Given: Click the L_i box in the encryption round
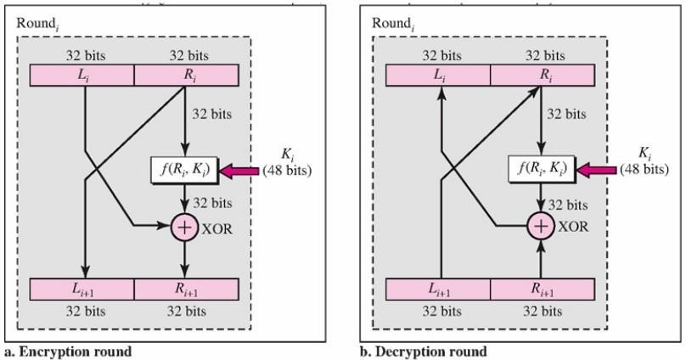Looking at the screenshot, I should tap(82, 76).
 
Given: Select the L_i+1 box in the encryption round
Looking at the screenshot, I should tap(82, 290).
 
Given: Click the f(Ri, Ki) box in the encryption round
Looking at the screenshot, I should tap(184, 170).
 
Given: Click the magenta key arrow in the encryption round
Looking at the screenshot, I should tap(241, 171).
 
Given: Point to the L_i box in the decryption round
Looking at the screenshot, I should tap(438, 76).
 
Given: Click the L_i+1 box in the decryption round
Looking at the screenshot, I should tap(438, 290).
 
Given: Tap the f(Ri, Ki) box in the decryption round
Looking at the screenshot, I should tap(540, 170).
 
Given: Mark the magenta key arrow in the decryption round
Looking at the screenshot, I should tap(597, 171).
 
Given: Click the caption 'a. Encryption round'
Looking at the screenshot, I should tap(68, 352).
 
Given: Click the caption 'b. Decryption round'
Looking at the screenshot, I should tap(424, 352).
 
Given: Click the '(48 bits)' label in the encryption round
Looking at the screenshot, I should tap(288, 170).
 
